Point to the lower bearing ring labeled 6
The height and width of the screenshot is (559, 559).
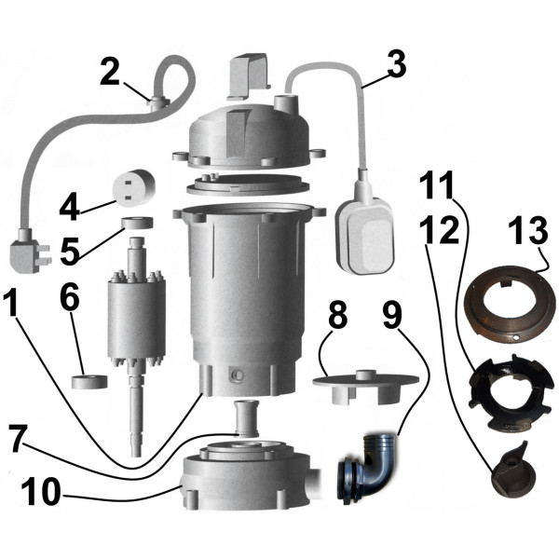point(91,381)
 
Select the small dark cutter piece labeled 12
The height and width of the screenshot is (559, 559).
point(507,466)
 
